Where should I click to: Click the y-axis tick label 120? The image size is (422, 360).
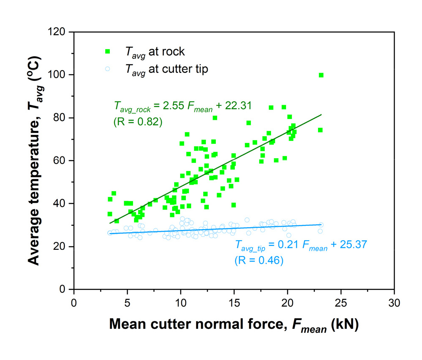pos(58,32)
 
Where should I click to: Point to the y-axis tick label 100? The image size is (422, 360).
pos(58,75)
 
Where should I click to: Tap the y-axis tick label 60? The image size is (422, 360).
pos(61,161)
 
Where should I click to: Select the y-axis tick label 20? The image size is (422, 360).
pos(61,246)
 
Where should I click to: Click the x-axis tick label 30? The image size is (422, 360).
pos(394,303)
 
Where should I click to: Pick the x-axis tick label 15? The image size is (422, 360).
pos(234,303)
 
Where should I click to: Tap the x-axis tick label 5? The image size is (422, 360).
pos(127,303)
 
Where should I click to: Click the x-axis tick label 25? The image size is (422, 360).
pos(340,303)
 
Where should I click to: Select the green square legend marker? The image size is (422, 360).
pos(107,52)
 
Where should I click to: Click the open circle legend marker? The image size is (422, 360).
pos(107,69)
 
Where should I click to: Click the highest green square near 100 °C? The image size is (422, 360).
pos(321,75)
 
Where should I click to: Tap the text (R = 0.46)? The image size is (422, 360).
pos(259,261)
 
